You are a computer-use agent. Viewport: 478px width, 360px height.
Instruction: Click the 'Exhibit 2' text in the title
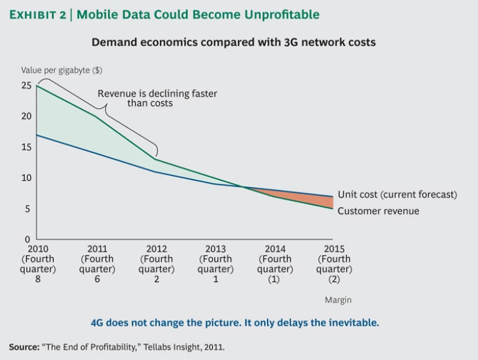(x=38, y=14)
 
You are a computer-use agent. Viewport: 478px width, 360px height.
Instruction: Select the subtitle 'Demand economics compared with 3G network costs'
(x=233, y=43)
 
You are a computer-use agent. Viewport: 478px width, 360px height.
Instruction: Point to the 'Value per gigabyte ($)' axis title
(x=62, y=70)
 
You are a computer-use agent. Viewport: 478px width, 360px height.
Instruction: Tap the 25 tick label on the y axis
(x=26, y=85)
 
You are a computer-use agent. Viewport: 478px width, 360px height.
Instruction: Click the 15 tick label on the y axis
(x=26, y=147)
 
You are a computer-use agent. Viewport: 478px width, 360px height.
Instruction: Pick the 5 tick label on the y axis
(x=27, y=209)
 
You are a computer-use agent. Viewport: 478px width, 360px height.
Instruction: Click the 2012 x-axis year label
(x=156, y=249)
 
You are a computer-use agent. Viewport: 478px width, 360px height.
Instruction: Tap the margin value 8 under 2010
(x=38, y=280)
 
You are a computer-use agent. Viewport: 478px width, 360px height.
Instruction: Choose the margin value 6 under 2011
(x=97, y=280)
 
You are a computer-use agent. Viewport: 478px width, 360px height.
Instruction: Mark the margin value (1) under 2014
(x=274, y=280)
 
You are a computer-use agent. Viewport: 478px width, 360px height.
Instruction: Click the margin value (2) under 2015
(x=334, y=280)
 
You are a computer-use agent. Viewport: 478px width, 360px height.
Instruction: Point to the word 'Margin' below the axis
(x=338, y=300)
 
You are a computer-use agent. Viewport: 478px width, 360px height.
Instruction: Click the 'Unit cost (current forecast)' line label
(x=397, y=195)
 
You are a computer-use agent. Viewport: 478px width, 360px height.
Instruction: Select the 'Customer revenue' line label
(x=378, y=211)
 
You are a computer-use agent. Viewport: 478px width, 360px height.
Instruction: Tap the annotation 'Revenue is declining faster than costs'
(x=157, y=98)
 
